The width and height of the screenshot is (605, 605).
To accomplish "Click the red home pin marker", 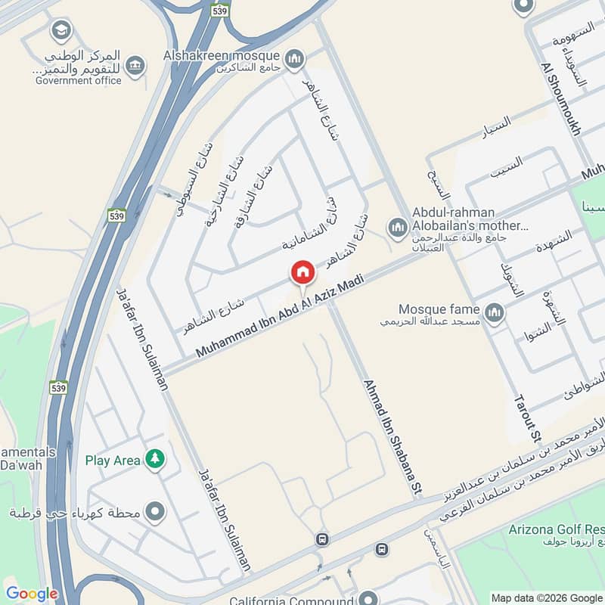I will (x=302, y=272).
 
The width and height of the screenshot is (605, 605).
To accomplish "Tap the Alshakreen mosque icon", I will (x=294, y=57).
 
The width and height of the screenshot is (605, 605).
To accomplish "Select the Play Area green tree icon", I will (x=155, y=459).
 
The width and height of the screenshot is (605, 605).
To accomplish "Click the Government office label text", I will (x=78, y=81).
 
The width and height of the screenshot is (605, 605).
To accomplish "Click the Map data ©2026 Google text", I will (x=547, y=597).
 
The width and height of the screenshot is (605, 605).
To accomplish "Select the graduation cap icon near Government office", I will (x=60, y=31).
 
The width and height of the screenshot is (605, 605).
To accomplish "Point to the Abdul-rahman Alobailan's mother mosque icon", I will (x=397, y=226).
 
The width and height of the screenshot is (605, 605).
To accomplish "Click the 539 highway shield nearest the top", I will (x=221, y=11).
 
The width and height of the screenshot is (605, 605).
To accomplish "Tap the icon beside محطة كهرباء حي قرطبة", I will (x=155, y=513).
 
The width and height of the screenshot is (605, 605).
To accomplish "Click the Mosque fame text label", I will (x=439, y=309).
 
